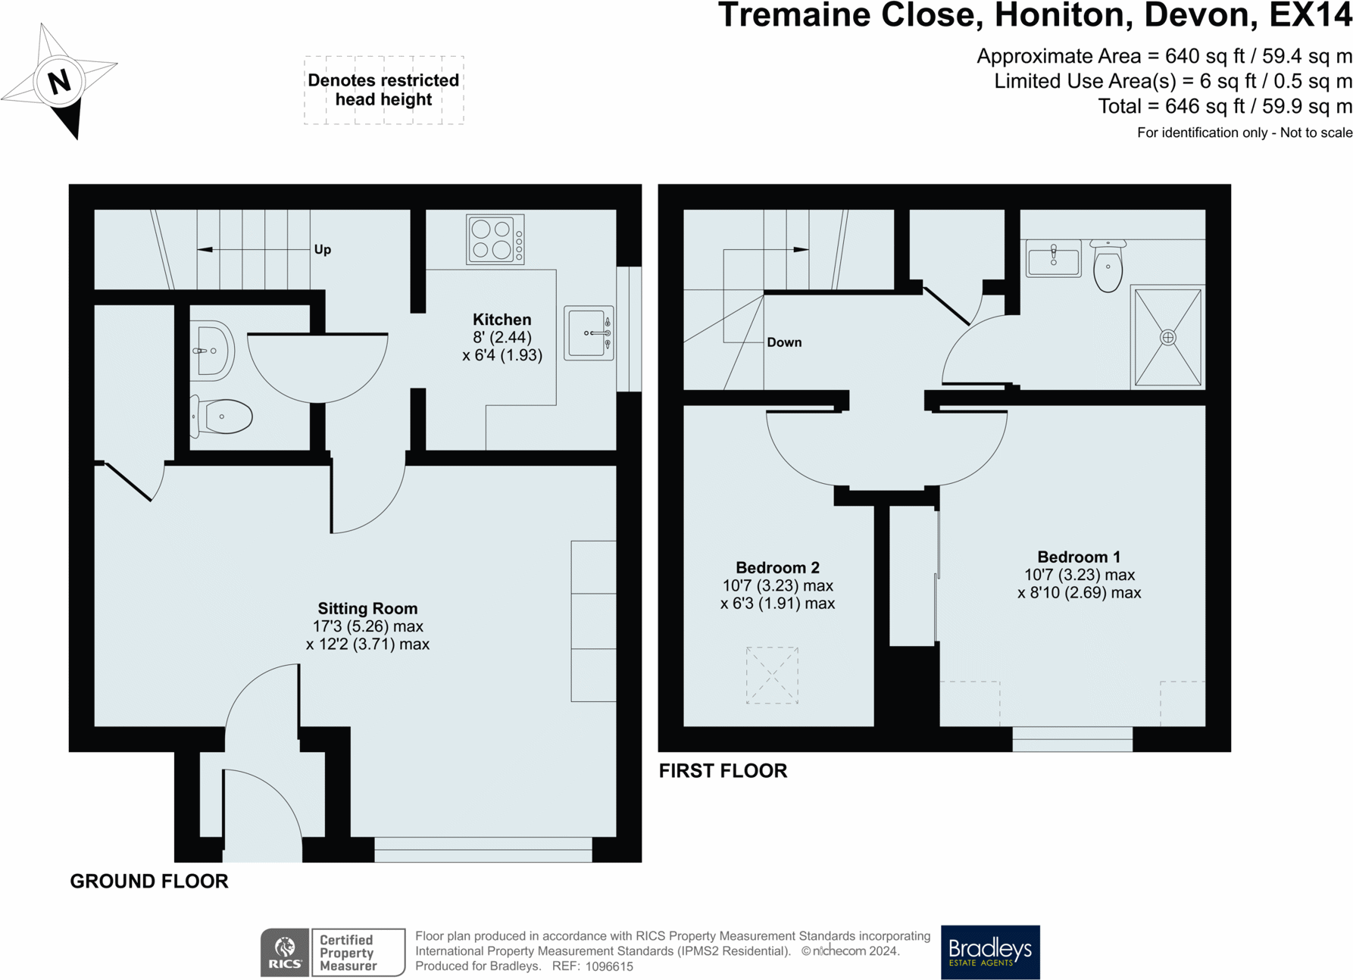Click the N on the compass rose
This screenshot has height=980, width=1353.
(59, 81)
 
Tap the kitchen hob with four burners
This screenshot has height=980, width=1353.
(495, 239)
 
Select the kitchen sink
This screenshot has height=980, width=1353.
(589, 333)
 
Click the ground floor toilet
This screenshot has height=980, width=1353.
(221, 416)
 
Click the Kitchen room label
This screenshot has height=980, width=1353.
(502, 320)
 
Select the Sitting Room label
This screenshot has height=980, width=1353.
(367, 608)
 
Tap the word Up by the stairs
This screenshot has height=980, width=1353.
(323, 250)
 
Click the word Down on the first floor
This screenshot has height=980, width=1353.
(784, 342)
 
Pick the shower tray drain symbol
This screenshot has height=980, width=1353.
(1168, 337)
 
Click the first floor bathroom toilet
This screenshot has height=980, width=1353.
(1108, 266)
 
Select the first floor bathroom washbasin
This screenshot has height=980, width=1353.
(1054, 258)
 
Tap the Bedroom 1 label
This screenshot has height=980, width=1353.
(1079, 557)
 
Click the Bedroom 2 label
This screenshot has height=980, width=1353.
(777, 568)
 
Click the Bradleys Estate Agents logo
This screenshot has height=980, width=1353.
(990, 952)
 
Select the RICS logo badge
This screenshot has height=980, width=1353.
(285, 952)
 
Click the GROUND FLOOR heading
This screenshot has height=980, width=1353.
(149, 882)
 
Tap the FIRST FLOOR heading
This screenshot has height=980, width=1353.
(723, 771)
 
